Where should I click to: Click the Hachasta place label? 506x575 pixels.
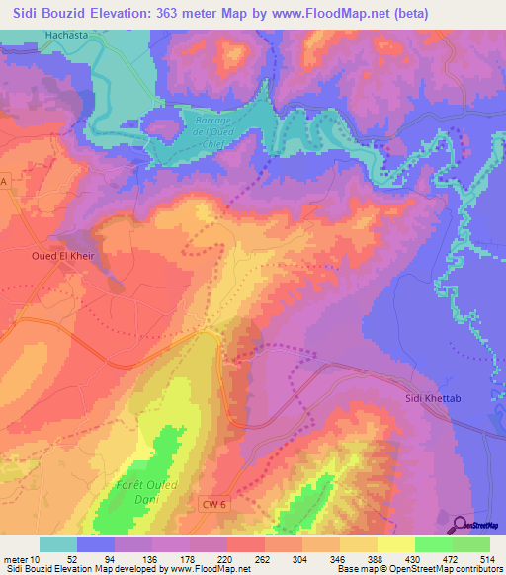pos(66,36)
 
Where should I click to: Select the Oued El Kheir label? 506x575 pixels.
pos(55,253)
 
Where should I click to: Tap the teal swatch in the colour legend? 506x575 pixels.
pos(57,544)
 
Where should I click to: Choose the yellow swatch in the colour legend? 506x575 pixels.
pos(395,544)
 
